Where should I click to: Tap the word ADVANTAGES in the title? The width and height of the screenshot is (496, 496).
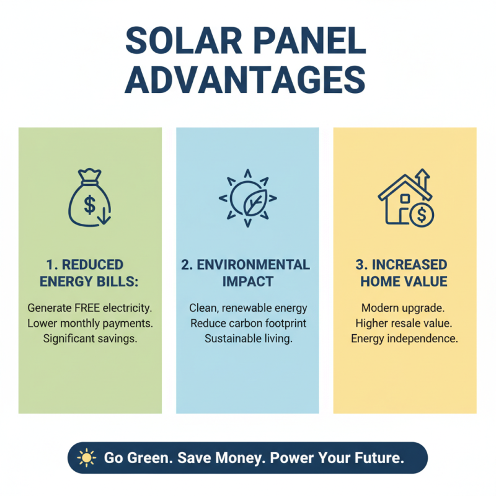pyautogui.click(x=248, y=81)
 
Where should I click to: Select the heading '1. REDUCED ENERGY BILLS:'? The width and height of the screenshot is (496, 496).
pyautogui.click(x=89, y=273)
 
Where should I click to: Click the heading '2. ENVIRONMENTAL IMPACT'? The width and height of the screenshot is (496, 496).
pyautogui.click(x=246, y=273)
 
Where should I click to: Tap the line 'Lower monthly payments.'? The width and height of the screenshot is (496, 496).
pyautogui.click(x=91, y=323)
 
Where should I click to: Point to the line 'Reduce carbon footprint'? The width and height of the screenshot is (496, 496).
pyautogui.click(x=248, y=323)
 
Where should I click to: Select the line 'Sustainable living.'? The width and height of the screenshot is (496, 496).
pyautogui.click(x=248, y=339)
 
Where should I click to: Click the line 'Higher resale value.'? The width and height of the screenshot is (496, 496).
pyautogui.click(x=404, y=323)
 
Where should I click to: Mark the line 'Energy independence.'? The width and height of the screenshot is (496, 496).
pyautogui.click(x=404, y=339)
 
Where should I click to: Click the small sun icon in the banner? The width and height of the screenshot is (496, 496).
pyautogui.click(x=86, y=458)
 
